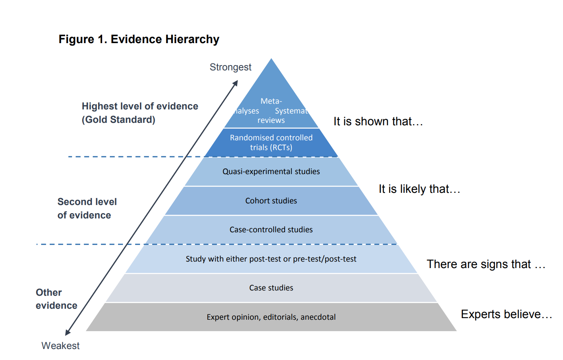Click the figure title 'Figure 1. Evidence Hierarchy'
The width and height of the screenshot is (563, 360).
[139, 39]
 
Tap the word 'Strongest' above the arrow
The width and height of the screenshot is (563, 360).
[230, 67]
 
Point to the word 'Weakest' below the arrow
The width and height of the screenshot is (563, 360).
[60, 346]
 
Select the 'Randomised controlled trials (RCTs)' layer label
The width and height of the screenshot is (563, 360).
[271, 142]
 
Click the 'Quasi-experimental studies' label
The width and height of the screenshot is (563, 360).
[271, 172]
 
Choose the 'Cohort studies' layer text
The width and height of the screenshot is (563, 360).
[271, 201]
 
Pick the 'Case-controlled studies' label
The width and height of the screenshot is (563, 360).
[271, 230]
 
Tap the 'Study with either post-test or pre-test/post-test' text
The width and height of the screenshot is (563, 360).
[271, 259]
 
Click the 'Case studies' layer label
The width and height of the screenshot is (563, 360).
[271, 288]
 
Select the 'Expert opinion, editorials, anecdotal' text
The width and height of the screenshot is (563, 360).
[271, 317]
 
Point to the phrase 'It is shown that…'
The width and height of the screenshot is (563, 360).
[378, 122]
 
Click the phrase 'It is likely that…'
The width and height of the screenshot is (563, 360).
[419, 189]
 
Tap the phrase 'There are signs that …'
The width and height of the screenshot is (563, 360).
[486, 264]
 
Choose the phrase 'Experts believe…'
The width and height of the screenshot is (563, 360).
[506, 314]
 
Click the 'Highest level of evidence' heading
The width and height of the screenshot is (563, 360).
[140, 106]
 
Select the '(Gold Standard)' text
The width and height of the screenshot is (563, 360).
[118, 120]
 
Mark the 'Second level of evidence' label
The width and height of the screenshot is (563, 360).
[87, 208]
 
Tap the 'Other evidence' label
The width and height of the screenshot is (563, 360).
[56, 299]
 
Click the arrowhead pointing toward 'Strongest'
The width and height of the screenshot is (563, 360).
[235, 83]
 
